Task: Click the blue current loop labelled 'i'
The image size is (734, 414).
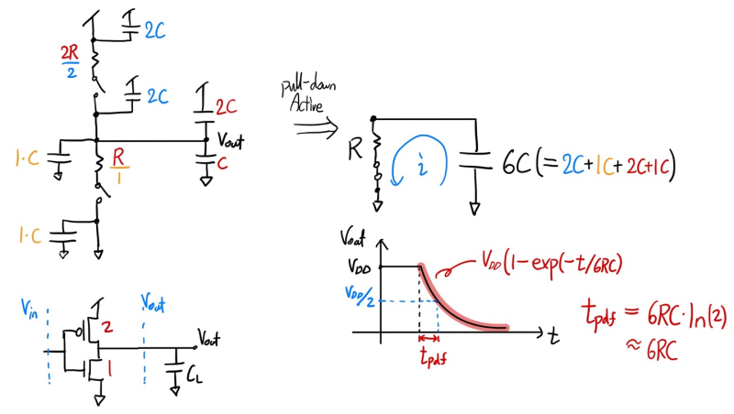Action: coord(419,165)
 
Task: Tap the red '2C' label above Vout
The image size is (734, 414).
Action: coord(226,106)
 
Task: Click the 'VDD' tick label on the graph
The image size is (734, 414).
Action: coord(358,267)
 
